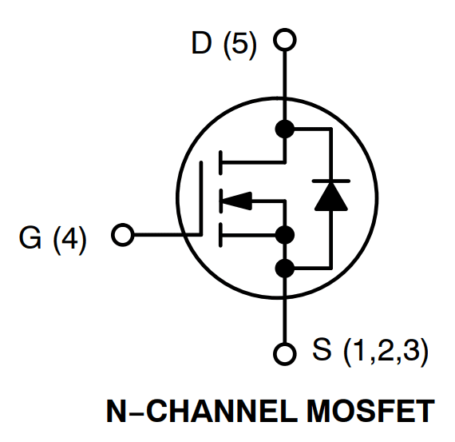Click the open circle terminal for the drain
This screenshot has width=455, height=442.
284,39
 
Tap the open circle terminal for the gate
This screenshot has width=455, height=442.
123,236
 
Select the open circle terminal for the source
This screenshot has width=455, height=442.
284,352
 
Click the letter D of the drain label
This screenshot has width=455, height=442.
202,44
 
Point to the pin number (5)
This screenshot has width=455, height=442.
239,44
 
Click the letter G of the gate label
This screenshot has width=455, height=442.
30,239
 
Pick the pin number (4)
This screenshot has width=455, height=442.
69,239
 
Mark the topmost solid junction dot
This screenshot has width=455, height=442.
284,128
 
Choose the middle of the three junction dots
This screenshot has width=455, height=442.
284,235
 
